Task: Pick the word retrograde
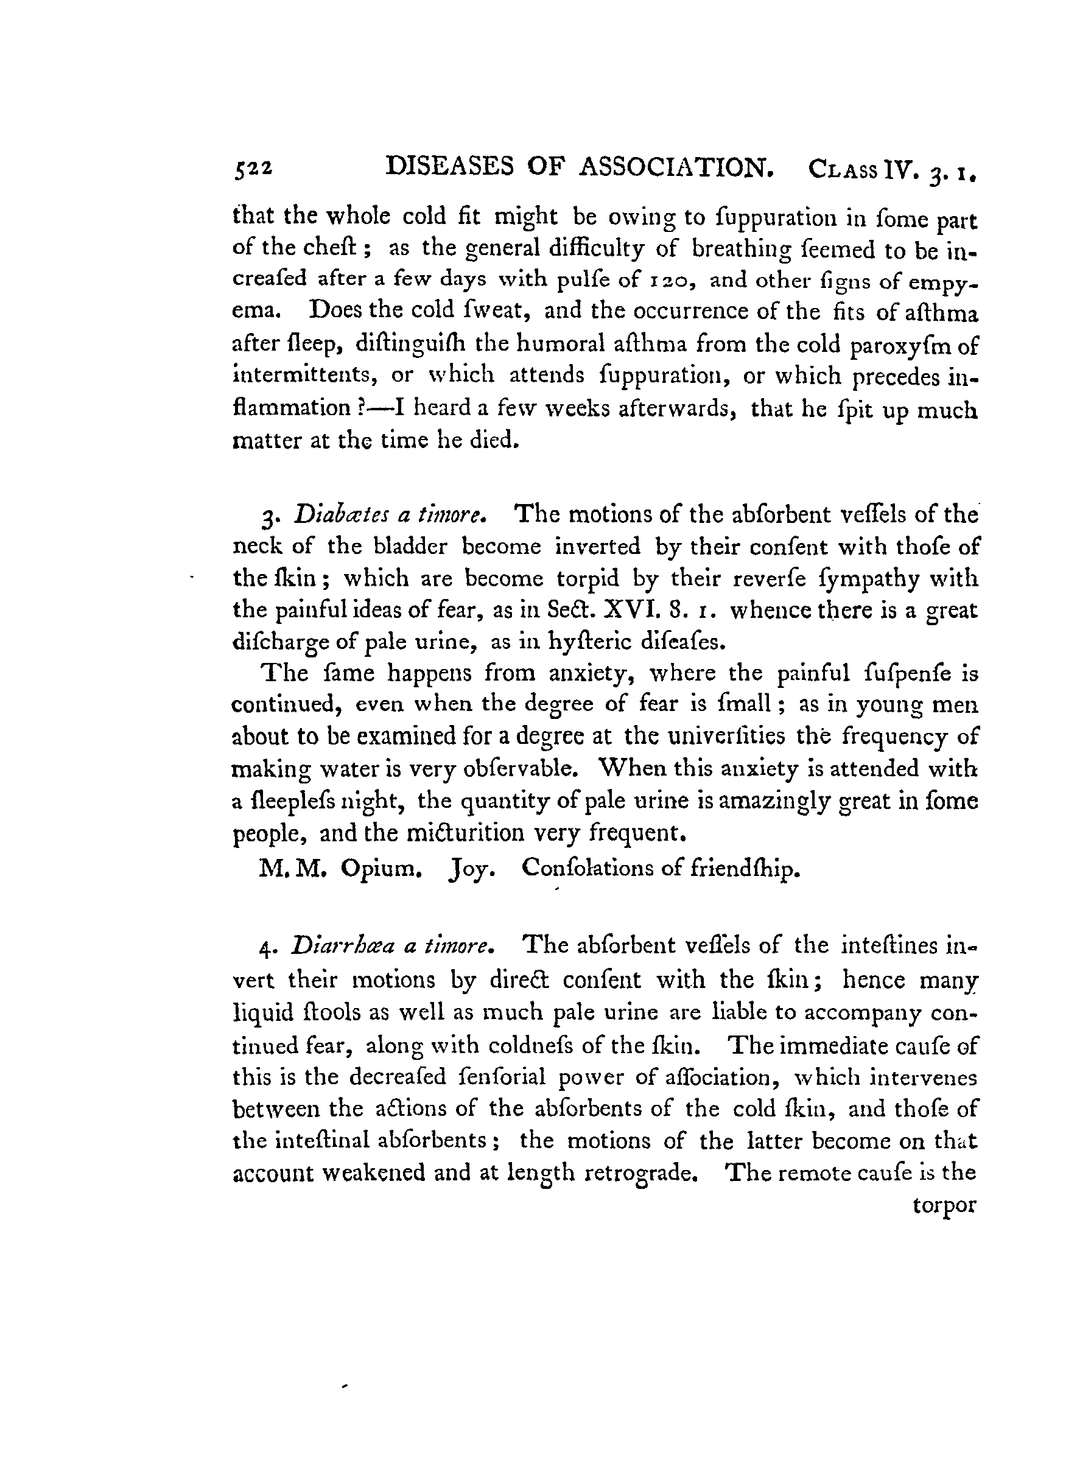coord(641,1173)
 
